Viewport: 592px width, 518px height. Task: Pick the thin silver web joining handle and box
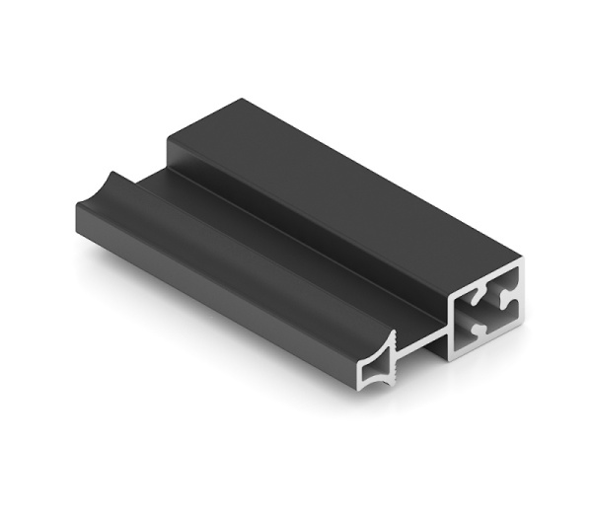tap(424, 338)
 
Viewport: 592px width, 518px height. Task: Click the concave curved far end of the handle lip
tap(114, 183)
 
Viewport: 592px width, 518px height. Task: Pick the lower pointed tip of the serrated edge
tap(398, 384)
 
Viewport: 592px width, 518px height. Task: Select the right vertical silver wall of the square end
tap(519, 294)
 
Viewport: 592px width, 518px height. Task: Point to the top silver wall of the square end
tap(487, 280)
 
